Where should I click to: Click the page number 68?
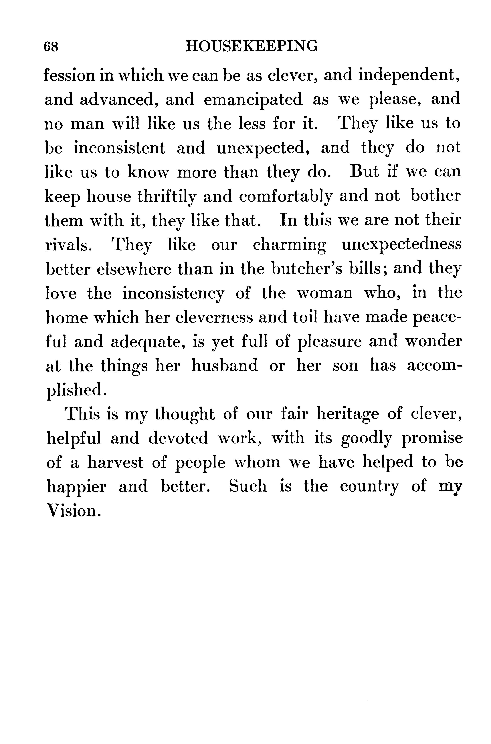(51, 47)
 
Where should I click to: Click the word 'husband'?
(225, 366)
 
